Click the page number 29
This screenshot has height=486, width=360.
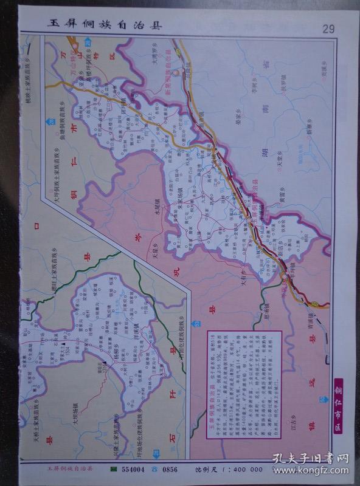[x=328, y=28]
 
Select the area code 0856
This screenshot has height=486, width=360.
[x=168, y=470]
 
